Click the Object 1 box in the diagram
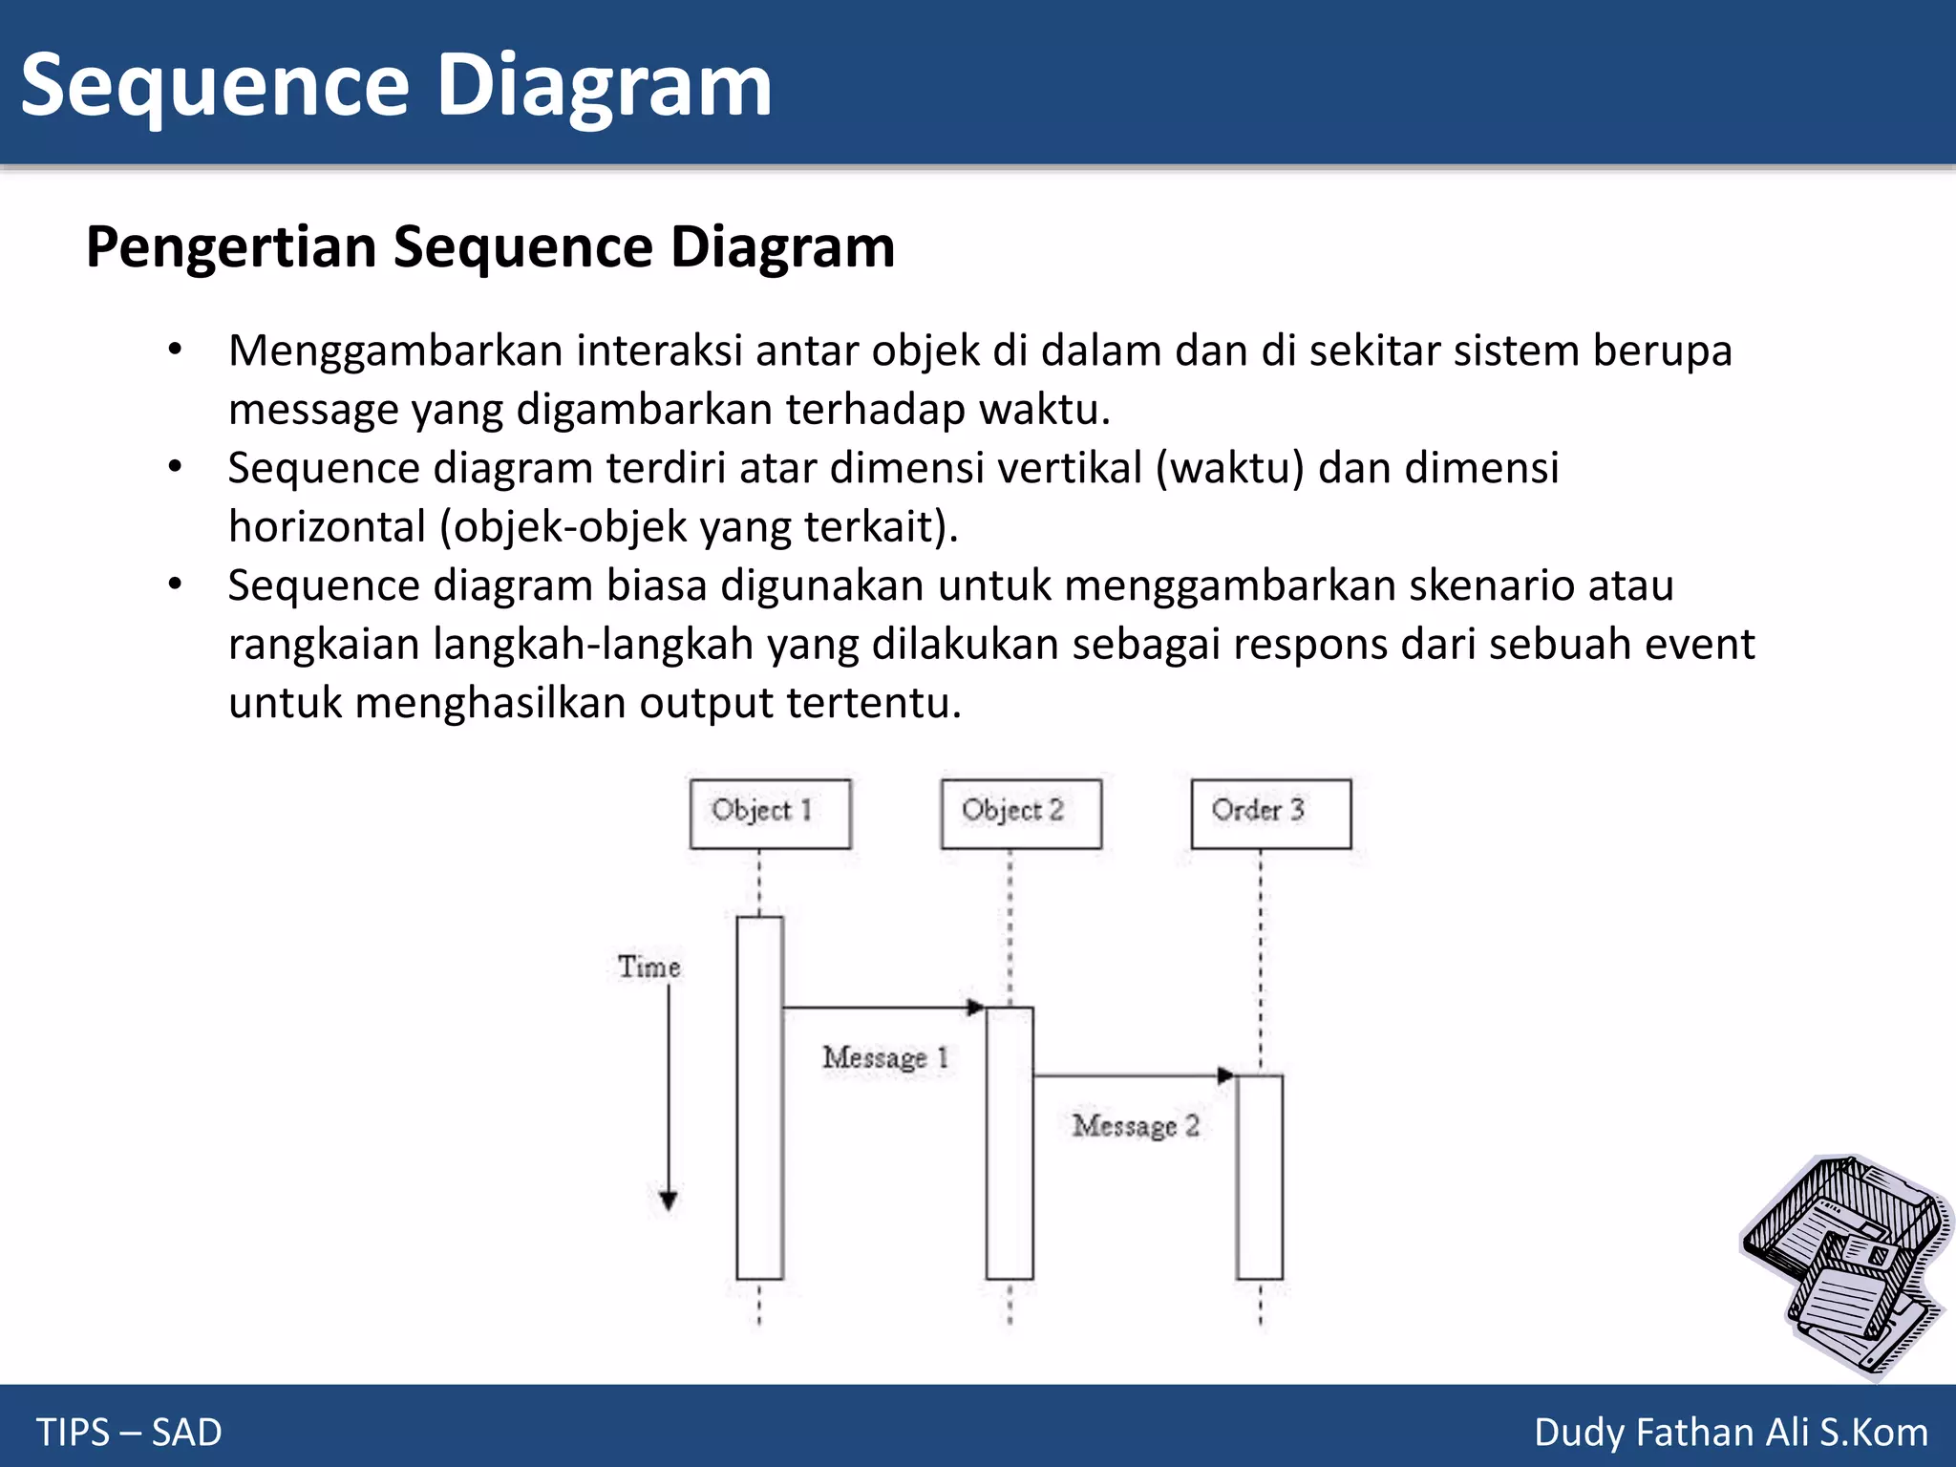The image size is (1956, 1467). click(770, 814)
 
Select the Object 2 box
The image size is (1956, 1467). click(1020, 814)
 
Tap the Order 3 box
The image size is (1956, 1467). click(1270, 814)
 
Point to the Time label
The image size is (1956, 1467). click(648, 967)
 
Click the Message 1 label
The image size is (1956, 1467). click(884, 1057)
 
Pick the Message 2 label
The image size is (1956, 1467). click(1135, 1126)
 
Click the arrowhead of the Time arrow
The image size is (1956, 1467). click(669, 1201)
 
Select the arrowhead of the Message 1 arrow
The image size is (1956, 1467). click(975, 1007)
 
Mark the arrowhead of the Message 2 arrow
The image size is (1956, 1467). click(1226, 1075)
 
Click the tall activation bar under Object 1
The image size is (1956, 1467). click(759, 1097)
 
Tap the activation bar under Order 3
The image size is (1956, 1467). click(1259, 1177)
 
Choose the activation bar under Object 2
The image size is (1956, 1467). click(1010, 1142)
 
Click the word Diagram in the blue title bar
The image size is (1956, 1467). click(604, 86)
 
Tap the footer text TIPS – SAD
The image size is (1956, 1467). click(129, 1433)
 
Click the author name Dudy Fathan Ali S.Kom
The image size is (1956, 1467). click(1731, 1433)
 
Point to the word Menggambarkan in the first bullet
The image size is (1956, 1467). click(395, 351)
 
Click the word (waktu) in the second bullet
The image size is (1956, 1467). click(1229, 469)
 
